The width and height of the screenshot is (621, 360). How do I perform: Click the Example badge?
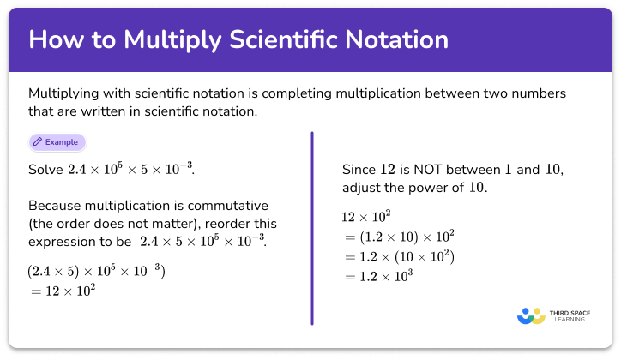(x=57, y=141)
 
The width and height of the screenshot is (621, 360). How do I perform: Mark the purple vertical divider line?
(x=311, y=227)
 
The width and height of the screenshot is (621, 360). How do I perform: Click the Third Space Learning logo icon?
(x=531, y=316)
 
